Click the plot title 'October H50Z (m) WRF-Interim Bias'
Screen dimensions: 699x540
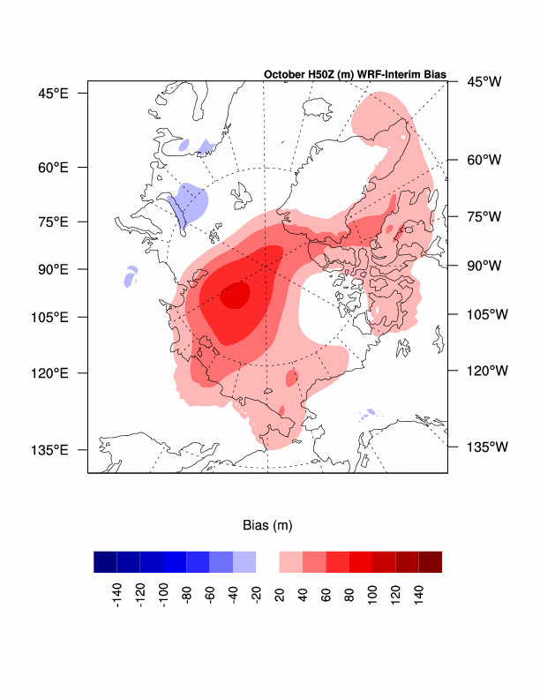[355, 74]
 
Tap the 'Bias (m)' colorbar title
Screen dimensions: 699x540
[267, 525]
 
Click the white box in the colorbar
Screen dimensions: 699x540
[267, 562]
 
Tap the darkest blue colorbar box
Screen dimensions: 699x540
[105, 562]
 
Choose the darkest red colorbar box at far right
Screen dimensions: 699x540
[430, 562]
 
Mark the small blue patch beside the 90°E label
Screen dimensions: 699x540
[131, 277]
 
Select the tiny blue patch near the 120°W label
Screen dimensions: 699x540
[369, 411]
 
